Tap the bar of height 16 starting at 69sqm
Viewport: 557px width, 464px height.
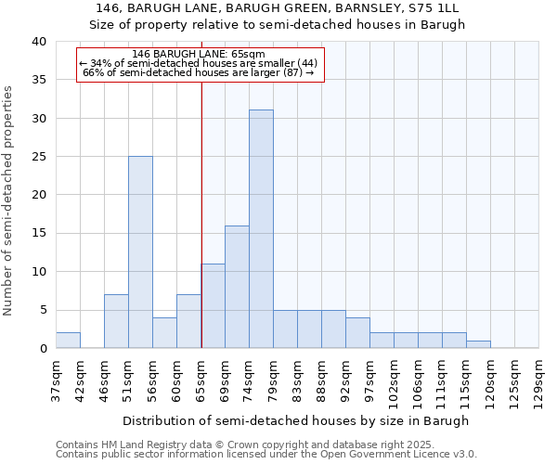pyautogui.click(x=237, y=287)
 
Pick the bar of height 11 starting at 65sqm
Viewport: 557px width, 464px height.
pyautogui.click(x=213, y=306)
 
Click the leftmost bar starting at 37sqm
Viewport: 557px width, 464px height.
pyautogui.click(x=68, y=341)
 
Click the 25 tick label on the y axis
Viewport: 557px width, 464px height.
pyautogui.click(x=38, y=157)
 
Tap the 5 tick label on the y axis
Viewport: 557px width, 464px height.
pyautogui.click(x=42, y=310)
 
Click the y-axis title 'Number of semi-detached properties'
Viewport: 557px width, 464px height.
pyautogui.click(x=9, y=200)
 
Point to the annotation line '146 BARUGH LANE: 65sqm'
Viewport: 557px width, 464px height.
pyautogui.click(x=199, y=54)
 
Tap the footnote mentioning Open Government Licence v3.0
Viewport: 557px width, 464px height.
pyautogui.click(x=266, y=455)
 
